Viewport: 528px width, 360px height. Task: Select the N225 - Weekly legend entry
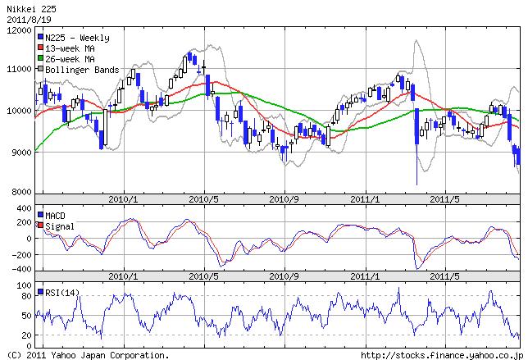tap(77, 38)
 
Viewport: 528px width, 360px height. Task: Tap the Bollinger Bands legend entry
tap(82, 70)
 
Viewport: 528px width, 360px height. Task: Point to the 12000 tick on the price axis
tap(18, 30)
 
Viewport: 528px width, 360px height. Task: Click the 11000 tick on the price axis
tap(18, 70)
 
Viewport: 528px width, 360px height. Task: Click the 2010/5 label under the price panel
tap(203, 198)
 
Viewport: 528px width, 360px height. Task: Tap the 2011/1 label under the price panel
tap(363, 198)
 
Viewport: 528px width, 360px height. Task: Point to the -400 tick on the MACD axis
tap(20, 269)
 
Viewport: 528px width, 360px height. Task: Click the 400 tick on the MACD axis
tap(22, 209)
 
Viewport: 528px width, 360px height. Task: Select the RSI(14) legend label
tap(63, 292)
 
